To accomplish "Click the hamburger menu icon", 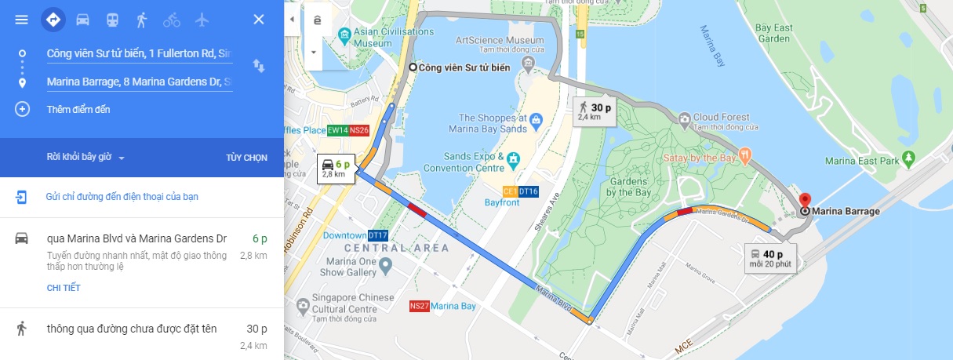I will tap(21, 20).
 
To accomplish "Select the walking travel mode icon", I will tap(142, 20).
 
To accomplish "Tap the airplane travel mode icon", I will tap(202, 20).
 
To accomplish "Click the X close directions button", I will tap(258, 20).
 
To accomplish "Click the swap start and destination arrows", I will tap(258, 66).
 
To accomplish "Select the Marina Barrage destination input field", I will tap(139, 82).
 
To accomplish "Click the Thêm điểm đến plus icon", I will tap(22, 109).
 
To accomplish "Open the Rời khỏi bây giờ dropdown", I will tap(85, 158).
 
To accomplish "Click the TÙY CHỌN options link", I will tap(246, 158).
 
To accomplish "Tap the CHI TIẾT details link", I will tap(64, 288).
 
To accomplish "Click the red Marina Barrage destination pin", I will tap(804, 199).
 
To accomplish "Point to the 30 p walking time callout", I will tap(594, 111).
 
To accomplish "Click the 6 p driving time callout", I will tap(335, 167).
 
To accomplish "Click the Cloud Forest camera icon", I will tap(684, 118).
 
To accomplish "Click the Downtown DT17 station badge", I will tap(378, 235).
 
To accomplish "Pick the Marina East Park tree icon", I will tap(909, 159).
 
